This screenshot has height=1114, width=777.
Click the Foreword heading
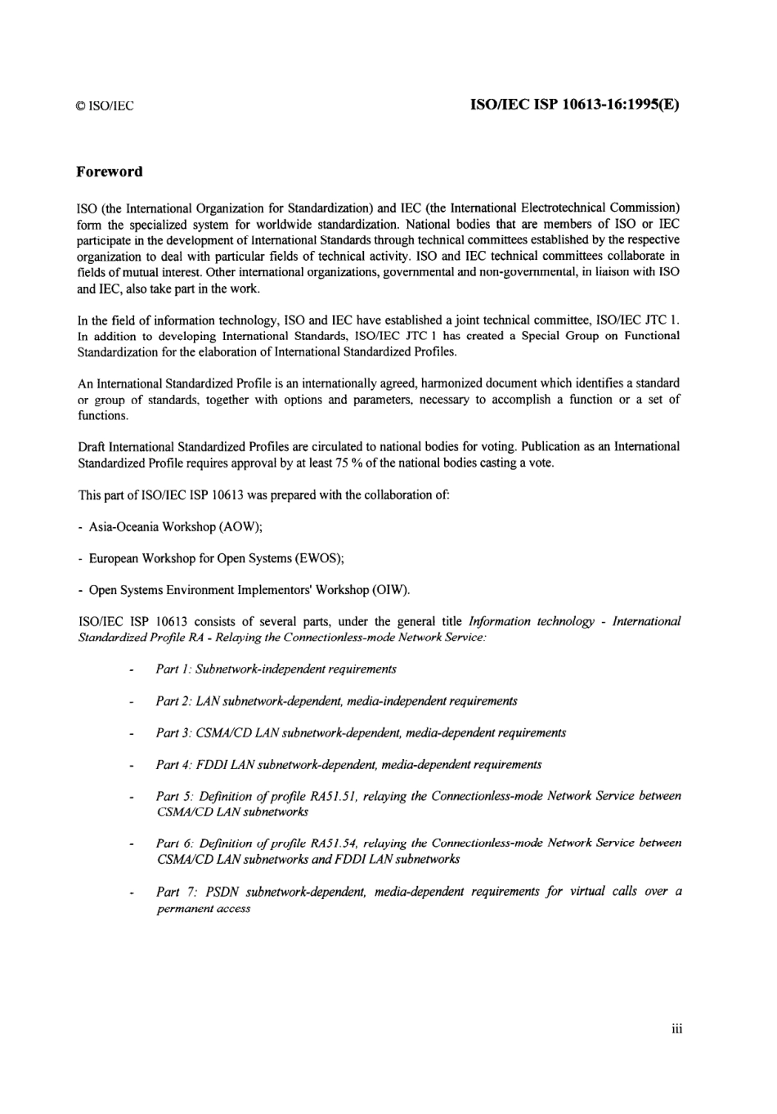(109, 172)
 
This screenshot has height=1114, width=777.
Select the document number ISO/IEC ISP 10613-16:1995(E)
(575, 105)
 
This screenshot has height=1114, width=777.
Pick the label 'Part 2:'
(173, 701)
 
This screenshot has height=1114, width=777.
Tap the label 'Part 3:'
(173, 733)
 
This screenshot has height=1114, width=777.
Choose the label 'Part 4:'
(173, 765)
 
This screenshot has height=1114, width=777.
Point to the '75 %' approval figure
(347, 463)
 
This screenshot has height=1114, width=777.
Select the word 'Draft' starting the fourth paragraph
(92, 447)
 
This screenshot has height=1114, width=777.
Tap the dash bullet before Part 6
(131, 843)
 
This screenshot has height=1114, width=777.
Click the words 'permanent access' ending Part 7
(203, 909)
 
